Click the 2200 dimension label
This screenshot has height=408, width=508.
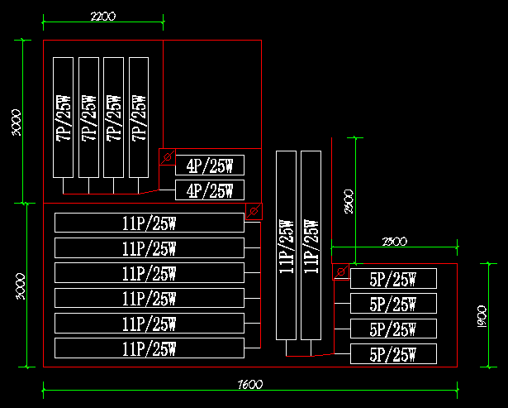[102, 16]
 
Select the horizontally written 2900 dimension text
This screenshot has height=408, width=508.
[395, 241]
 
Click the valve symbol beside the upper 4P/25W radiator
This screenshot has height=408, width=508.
[167, 157]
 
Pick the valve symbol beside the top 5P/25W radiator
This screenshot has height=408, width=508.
[340, 272]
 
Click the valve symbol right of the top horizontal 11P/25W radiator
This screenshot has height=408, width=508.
[254, 211]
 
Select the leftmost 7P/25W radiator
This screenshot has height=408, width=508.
[63, 117]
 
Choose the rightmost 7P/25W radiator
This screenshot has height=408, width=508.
[139, 117]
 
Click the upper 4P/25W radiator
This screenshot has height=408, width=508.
[210, 165]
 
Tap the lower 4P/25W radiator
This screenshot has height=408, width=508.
[210, 191]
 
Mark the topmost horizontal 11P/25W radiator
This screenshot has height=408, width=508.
[150, 223]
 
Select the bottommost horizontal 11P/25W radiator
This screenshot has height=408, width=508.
[150, 348]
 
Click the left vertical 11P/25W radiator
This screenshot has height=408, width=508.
[286, 246]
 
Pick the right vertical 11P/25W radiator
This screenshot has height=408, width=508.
[311, 246]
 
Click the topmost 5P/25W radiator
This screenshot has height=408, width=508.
[393, 279]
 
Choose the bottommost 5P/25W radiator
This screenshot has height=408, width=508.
[393, 355]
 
